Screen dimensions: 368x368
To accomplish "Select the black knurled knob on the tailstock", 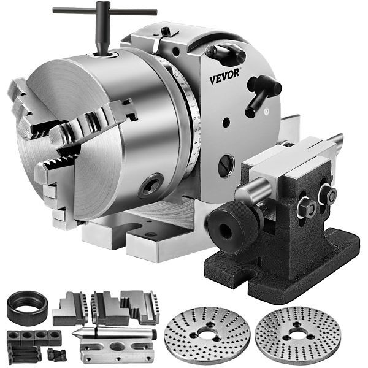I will pos(228,223).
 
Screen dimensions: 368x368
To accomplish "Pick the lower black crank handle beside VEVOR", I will pos(263,92).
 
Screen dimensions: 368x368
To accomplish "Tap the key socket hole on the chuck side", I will pos(151,186).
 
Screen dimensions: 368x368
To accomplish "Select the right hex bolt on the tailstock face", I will pos(325,194).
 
